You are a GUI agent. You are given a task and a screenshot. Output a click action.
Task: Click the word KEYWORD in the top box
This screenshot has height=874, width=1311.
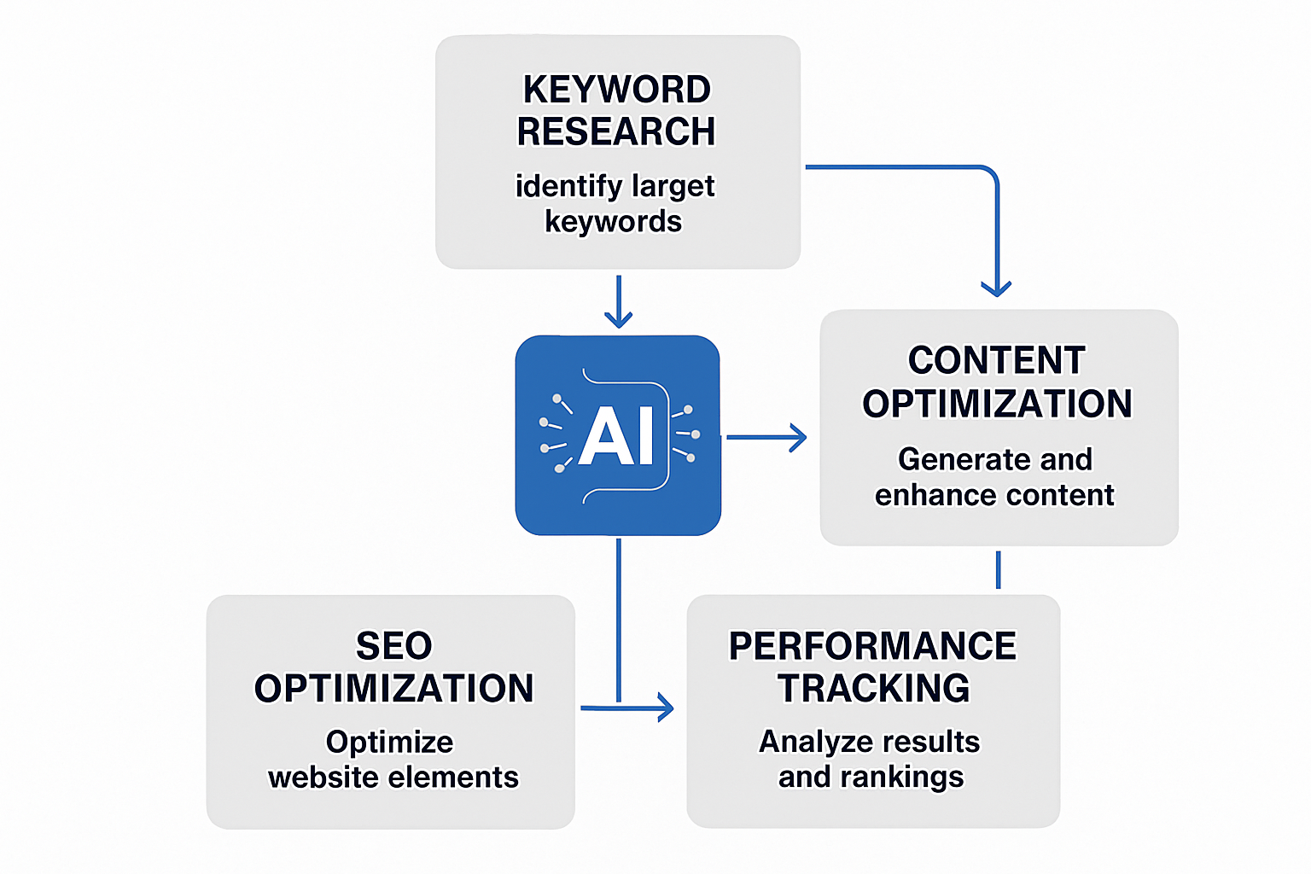616,90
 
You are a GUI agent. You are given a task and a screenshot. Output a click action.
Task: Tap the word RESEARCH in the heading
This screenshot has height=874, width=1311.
616,131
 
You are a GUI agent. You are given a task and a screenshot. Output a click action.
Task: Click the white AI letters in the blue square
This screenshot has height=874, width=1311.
616,435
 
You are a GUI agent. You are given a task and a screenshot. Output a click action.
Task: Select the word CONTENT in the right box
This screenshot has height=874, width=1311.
996,360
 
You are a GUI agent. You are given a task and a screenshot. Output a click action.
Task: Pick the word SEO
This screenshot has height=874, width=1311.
393,646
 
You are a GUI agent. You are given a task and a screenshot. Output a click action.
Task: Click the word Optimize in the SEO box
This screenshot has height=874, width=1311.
389,742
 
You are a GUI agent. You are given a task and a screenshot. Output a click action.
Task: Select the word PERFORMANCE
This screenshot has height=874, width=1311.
872,646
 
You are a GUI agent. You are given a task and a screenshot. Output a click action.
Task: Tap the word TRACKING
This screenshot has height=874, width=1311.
873,688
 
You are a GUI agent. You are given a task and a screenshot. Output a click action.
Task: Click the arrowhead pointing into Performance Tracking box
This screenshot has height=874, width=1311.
665,708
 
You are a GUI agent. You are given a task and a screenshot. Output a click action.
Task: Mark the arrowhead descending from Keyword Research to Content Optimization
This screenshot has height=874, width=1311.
996,288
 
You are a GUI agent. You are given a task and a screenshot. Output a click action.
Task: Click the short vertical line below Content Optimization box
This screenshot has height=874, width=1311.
998,569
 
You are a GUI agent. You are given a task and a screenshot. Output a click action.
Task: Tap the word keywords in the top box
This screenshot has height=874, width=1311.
613,222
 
